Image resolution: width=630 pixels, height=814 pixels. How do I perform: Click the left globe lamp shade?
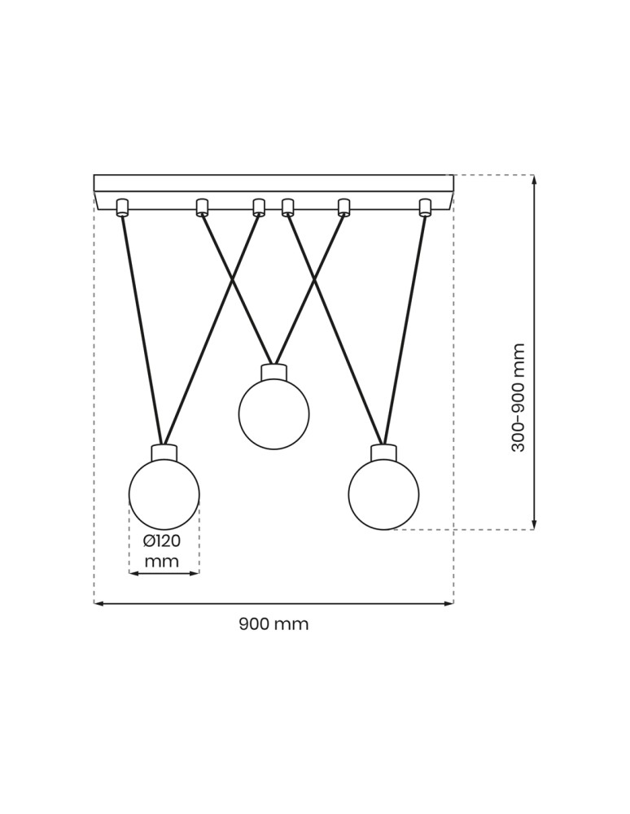point(164,494)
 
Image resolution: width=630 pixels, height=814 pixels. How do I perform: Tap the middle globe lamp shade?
point(273,414)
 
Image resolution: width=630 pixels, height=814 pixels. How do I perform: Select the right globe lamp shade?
point(383,494)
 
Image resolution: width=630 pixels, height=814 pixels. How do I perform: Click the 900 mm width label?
point(273,624)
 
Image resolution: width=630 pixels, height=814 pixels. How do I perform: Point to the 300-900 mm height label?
point(518,397)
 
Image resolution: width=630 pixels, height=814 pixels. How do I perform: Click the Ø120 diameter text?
point(162,541)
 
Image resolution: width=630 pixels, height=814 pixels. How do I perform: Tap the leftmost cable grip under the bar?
point(122,208)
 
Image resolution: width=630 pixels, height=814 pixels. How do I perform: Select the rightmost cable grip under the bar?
point(424,208)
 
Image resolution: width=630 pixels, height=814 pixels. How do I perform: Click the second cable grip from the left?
point(202,208)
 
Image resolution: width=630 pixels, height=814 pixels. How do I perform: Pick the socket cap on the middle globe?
point(273,372)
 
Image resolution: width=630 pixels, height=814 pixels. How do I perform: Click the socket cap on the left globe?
point(164,453)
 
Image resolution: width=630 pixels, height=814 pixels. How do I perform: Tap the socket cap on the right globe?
point(383,453)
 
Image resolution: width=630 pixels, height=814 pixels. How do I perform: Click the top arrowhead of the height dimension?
point(534,179)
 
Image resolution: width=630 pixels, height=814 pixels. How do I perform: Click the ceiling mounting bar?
point(273,183)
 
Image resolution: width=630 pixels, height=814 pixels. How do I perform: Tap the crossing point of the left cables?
point(232,279)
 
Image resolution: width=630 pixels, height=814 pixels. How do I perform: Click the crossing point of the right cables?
point(315,279)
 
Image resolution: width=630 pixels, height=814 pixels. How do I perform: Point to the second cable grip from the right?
point(343,208)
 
